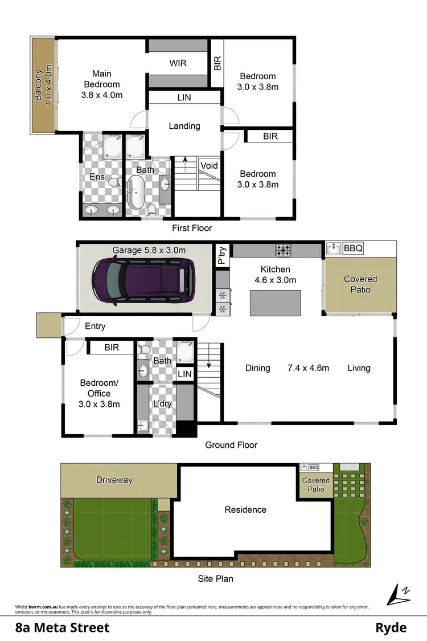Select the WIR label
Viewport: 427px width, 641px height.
click(x=178, y=63)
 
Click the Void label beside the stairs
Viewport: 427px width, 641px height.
click(x=209, y=166)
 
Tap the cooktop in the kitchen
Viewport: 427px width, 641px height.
click(x=284, y=250)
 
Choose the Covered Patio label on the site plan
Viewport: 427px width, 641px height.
click(x=316, y=485)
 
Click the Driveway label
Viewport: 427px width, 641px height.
click(x=114, y=480)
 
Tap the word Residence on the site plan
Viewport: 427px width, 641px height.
click(x=245, y=509)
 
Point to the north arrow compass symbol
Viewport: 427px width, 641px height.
click(x=398, y=595)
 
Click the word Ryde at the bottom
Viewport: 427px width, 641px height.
click(x=391, y=628)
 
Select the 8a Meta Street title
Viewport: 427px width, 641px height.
click(x=62, y=628)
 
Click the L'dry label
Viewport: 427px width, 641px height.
click(x=162, y=404)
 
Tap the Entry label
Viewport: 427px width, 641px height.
click(x=95, y=326)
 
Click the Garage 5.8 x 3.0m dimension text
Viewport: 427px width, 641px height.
click(x=149, y=250)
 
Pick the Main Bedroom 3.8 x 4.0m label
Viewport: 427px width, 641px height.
click(x=102, y=84)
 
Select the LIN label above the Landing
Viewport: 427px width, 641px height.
click(x=184, y=97)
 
